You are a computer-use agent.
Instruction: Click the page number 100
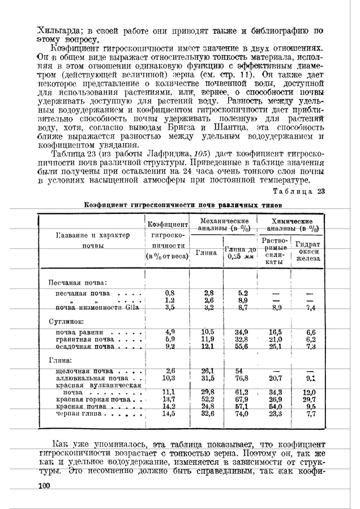pyautogui.click(x=44, y=486)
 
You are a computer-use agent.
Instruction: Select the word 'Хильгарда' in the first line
pyautogui.click(x=58, y=29)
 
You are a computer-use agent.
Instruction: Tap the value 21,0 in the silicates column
pyautogui.click(x=276, y=338)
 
